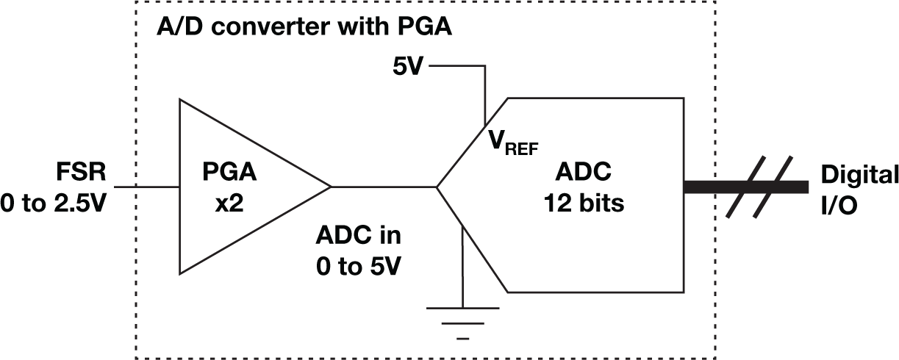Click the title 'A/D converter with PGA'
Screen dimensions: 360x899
click(x=304, y=29)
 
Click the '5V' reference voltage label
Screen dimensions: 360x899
click(x=408, y=68)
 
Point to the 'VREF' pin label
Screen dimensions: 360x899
click(x=513, y=142)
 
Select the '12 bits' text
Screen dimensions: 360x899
click(x=584, y=203)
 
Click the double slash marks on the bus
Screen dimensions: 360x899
click(x=760, y=187)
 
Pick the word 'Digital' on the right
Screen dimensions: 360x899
click(x=859, y=175)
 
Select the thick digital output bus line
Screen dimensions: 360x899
click(x=713, y=187)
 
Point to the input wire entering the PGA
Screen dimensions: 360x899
click(x=147, y=187)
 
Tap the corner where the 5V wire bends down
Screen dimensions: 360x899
click(x=484, y=66)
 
